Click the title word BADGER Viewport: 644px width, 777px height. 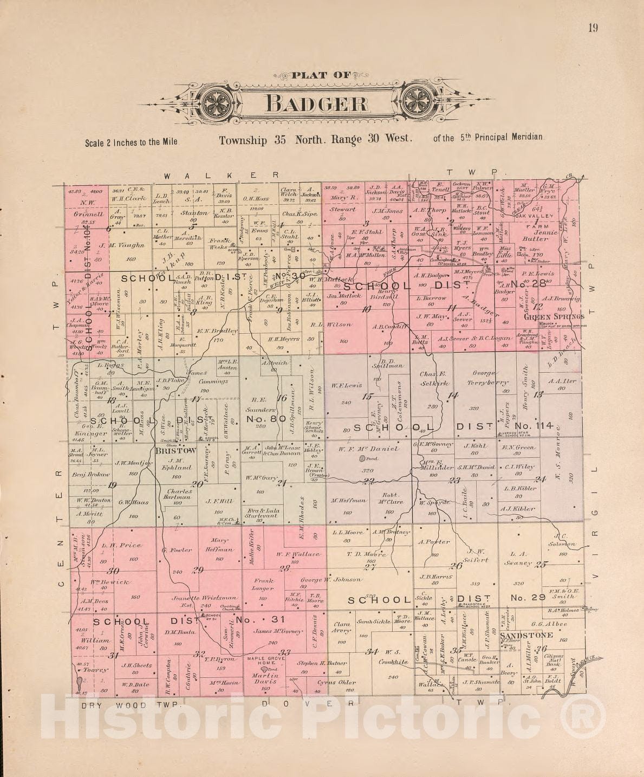point(318,103)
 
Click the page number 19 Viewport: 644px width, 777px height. point(593,28)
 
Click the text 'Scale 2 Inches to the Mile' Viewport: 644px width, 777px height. point(131,143)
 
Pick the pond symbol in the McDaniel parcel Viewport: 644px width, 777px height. point(362,459)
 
